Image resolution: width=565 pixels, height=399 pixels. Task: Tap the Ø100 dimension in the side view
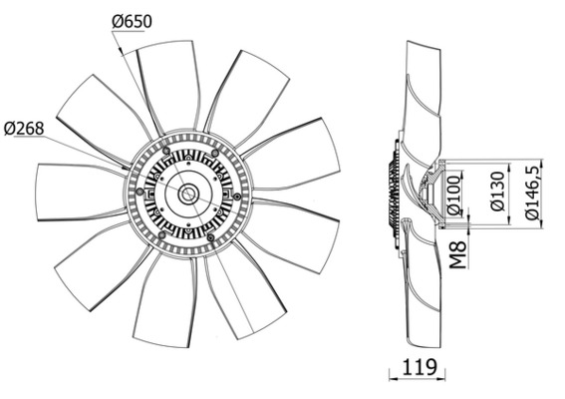(454, 198)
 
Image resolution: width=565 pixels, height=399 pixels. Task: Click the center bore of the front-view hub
(187, 194)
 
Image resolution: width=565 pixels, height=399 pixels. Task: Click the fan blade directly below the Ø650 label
(170, 84)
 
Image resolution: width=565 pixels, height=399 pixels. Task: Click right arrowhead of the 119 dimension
(439, 376)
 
